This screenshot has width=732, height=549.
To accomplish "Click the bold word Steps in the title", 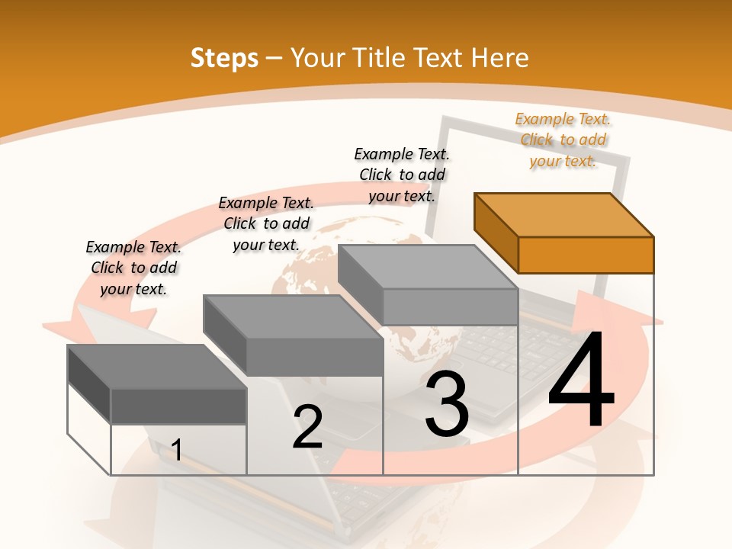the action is point(224,58).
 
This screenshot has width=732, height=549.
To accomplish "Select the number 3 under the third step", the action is point(447,404).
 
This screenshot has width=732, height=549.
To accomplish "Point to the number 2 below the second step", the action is point(307,427).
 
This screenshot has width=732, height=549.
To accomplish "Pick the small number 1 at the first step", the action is point(177,450).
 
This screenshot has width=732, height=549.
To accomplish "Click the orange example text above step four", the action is point(563,140).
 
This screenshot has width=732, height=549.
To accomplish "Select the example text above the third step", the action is point(402,175).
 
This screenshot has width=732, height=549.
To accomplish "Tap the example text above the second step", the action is point(266,223).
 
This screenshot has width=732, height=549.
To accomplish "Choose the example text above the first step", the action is point(133,268).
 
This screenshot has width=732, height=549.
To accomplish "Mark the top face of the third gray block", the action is point(428,267).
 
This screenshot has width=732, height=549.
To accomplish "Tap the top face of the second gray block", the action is point(293,316).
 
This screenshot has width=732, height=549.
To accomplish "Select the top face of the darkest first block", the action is point(157,366).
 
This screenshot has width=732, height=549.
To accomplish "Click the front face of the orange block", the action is point(586,255).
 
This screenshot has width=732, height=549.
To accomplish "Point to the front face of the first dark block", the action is point(178,406).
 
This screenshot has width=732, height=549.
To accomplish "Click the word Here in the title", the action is point(500,58).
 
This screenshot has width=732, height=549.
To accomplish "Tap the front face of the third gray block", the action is point(450,307).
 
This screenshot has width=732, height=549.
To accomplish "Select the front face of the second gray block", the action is point(314,357).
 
